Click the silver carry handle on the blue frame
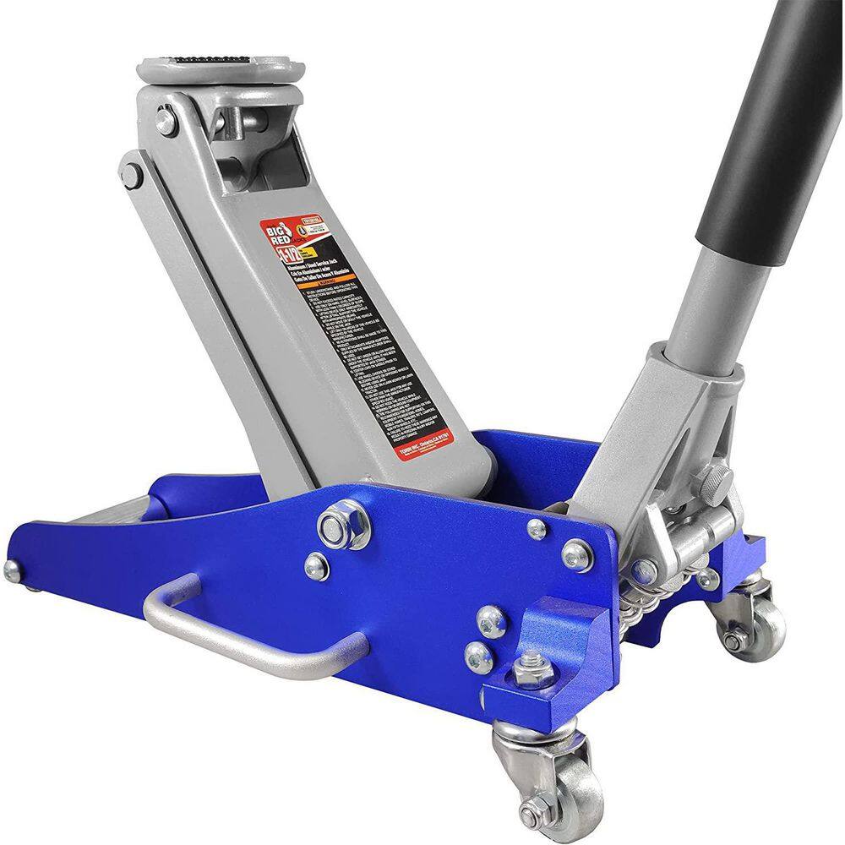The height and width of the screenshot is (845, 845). (253, 634)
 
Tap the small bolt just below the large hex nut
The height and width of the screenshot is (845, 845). (316, 565)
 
